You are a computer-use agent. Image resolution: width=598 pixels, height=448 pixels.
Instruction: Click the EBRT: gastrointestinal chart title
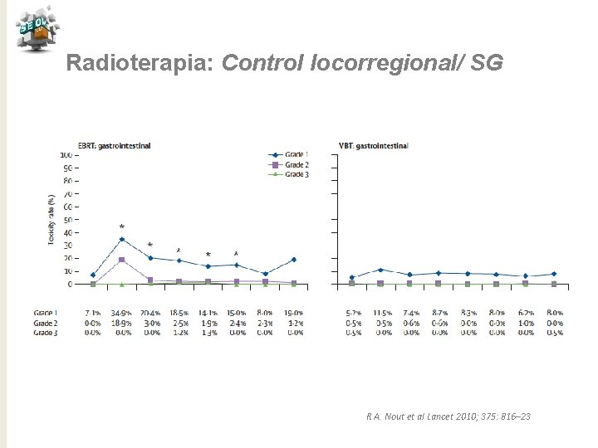pyautogui.click(x=114, y=146)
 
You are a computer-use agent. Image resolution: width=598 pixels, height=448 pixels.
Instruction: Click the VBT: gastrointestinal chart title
pyautogui.click(x=374, y=146)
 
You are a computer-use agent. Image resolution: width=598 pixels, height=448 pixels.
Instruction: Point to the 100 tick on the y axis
pyautogui.click(x=65, y=154)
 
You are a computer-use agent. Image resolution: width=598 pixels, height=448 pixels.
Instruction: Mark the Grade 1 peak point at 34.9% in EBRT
pyautogui.click(x=122, y=239)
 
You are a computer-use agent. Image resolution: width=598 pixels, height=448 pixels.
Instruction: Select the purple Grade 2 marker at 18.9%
pyautogui.click(x=122, y=260)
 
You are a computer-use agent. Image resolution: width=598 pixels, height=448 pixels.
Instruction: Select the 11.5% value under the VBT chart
pyautogui.click(x=381, y=314)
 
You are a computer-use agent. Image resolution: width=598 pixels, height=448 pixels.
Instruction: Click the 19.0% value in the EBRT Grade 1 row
pyautogui.click(x=292, y=314)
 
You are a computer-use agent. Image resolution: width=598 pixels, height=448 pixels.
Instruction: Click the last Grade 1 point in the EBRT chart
pyautogui.click(x=293, y=260)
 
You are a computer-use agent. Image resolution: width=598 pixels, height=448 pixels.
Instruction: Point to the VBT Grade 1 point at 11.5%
pyautogui.click(x=380, y=270)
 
